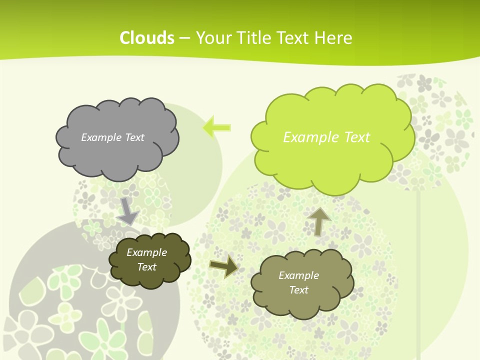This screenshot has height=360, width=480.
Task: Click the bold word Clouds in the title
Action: (x=147, y=37)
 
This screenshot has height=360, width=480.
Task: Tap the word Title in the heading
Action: (x=253, y=37)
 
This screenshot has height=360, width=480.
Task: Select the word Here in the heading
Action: (x=333, y=37)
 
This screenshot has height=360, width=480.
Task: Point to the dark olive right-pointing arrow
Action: (x=223, y=265)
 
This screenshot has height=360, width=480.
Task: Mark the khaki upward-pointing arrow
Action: (x=319, y=221)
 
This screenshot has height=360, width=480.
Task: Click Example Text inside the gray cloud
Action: (x=112, y=137)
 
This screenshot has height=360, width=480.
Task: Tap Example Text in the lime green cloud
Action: (x=326, y=137)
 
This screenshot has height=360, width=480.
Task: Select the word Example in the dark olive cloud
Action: (x=146, y=252)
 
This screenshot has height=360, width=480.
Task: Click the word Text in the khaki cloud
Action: (x=298, y=290)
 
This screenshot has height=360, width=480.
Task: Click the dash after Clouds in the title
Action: (x=184, y=37)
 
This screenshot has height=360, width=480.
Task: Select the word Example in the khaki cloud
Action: (x=298, y=275)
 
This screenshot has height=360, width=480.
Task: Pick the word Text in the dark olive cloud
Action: (x=146, y=267)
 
